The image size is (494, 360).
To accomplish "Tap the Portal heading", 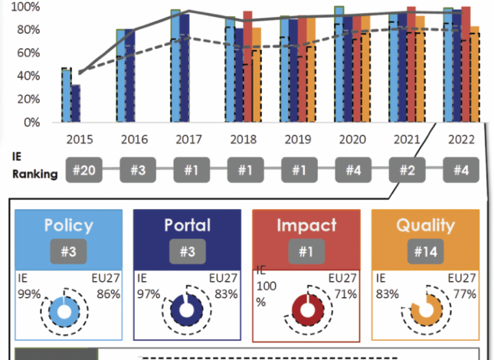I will [187, 225].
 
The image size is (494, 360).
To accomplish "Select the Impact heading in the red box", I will [307, 225].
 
